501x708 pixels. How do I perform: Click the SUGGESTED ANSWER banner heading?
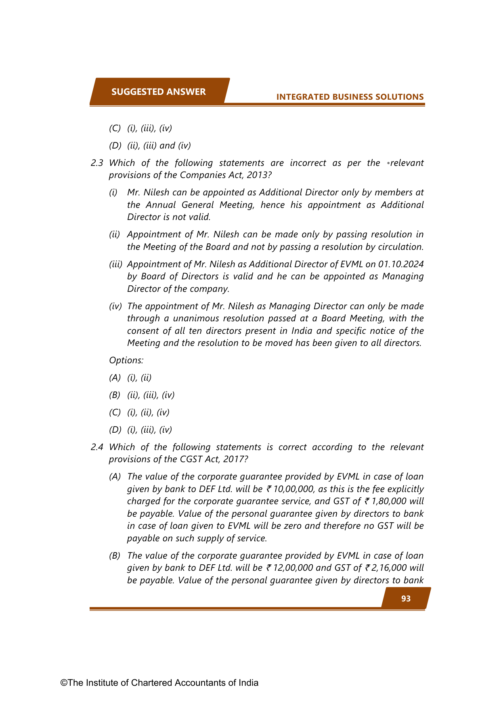click(158, 92)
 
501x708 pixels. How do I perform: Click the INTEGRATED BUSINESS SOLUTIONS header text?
click(350, 97)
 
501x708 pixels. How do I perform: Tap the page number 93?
click(406, 599)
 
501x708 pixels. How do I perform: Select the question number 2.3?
click(97, 163)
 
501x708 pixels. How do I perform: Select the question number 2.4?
click(97, 447)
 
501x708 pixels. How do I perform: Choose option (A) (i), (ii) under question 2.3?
click(130, 377)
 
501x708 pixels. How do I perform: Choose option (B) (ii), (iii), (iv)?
click(141, 395)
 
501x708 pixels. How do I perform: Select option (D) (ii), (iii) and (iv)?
click(150, 145)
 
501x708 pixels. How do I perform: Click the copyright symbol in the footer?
click(64, 683)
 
